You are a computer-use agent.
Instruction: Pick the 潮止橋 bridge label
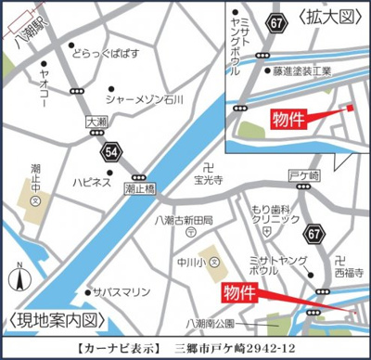pos(139,189)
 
